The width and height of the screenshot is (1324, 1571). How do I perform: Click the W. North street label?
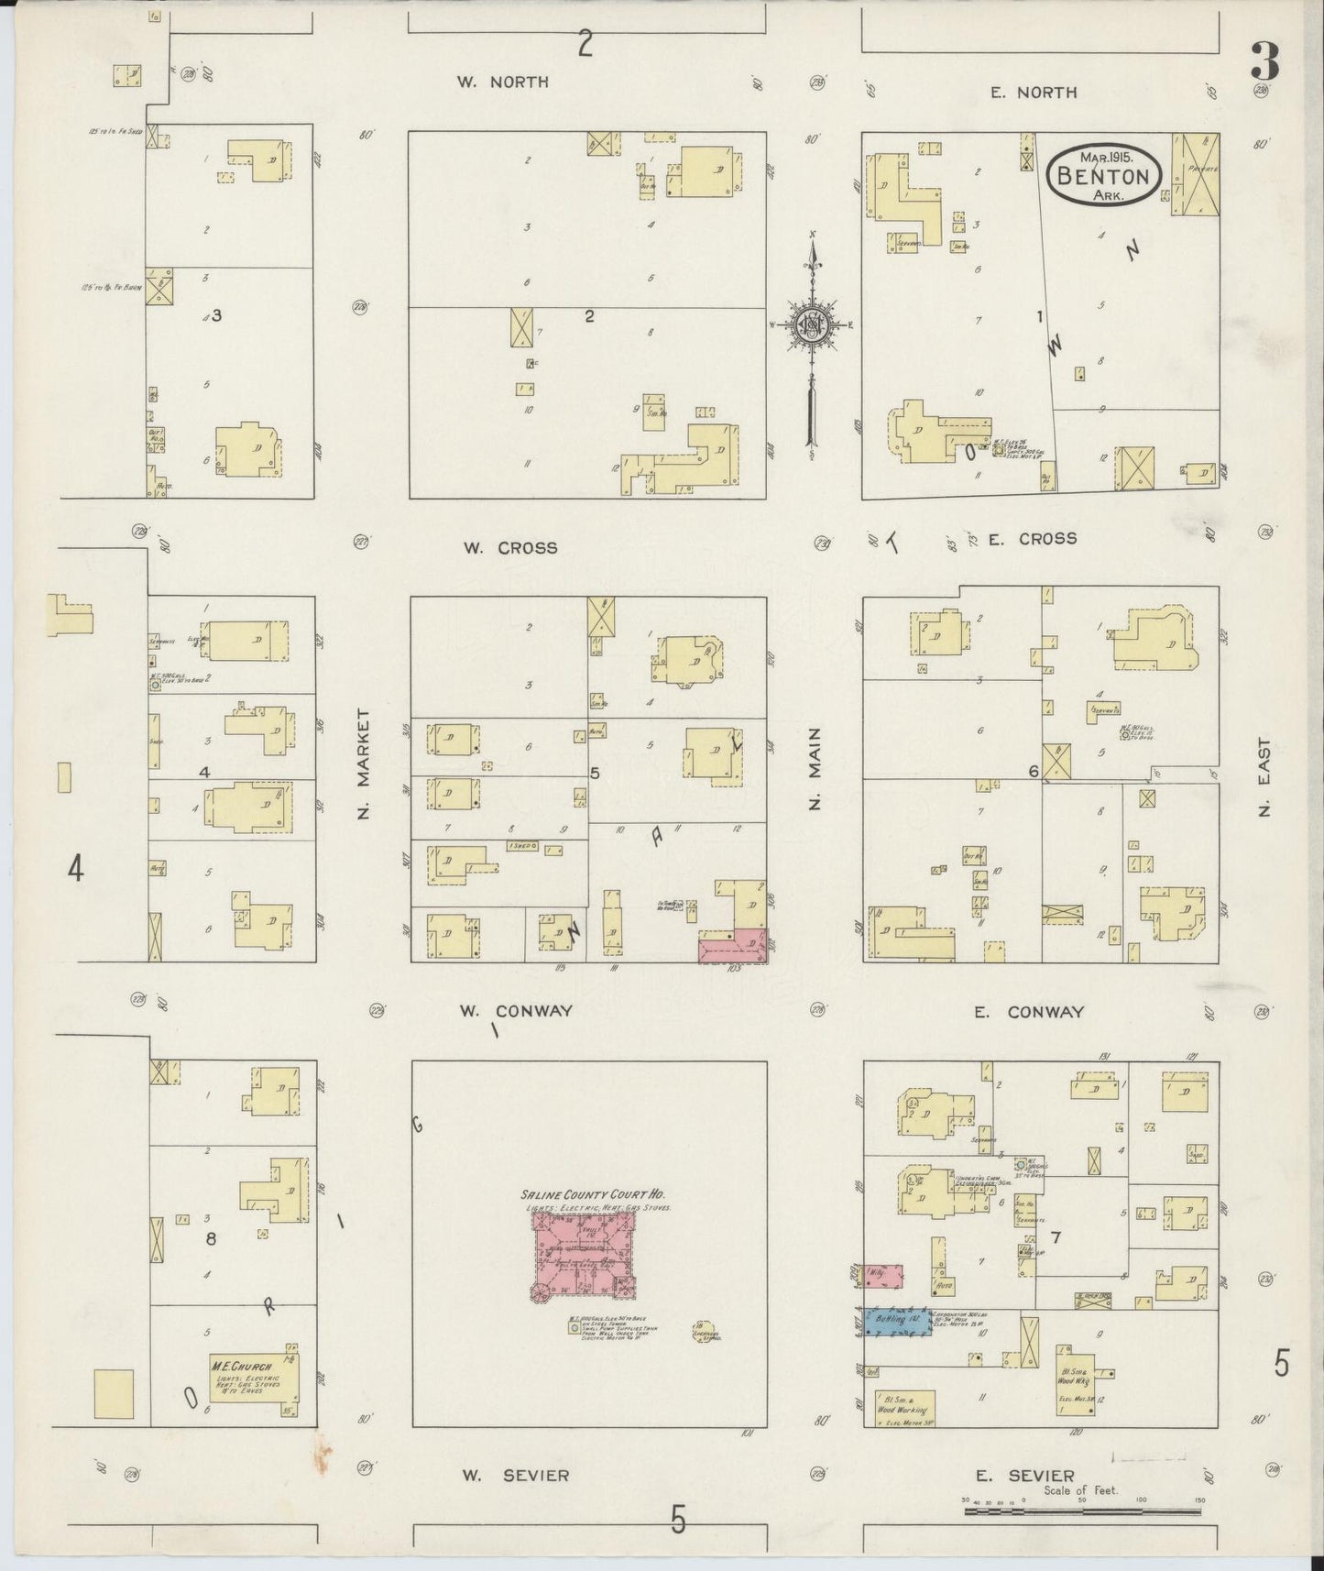click(503, 82)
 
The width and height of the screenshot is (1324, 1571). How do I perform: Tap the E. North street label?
click(1034, 92)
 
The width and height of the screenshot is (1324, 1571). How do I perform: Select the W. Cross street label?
click(509, 548)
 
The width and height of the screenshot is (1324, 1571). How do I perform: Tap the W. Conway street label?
click(515, 1011)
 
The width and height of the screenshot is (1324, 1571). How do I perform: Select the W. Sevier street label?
click(515, 1475)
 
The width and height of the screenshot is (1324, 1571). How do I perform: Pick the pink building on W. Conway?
click(733, 946)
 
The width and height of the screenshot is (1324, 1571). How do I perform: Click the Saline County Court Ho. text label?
click(592, 1195)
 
